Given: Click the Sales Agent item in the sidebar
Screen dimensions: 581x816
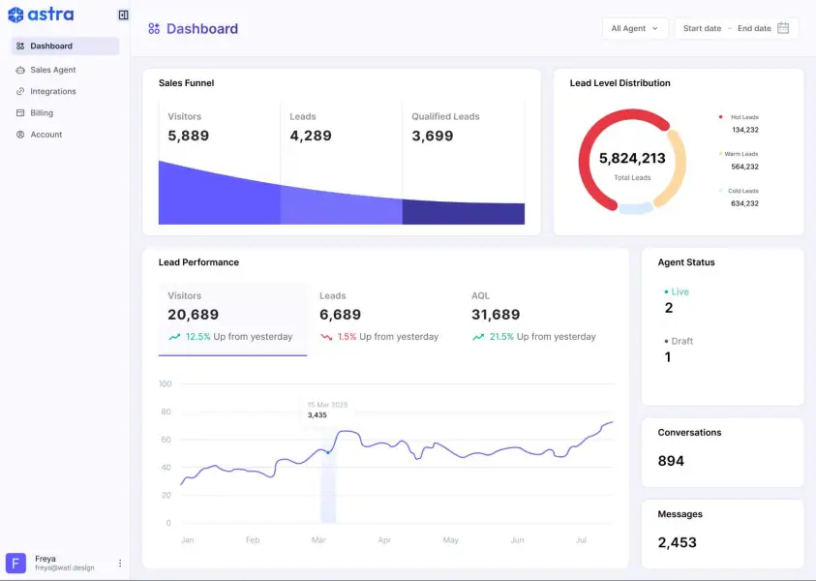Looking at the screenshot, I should click(52, 70).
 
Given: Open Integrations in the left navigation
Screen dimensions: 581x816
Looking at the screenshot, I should click(52, 91).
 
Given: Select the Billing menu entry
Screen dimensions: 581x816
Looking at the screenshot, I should click(42, 113).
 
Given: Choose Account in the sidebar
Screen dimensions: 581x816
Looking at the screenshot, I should click(45, 135).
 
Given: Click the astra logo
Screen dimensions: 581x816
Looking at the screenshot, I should click(41, 15).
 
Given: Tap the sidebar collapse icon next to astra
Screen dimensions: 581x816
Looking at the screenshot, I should click(123, 15).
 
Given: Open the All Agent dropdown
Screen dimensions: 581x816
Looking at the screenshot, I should click(634, 28).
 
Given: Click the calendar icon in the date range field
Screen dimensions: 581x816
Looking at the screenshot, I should click(783, 28).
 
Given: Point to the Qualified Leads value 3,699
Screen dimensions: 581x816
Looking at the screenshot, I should click(433, 137).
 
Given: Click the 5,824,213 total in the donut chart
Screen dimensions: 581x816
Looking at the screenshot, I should click(632, 159).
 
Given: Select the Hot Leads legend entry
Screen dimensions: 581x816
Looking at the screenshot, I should click(743, 117).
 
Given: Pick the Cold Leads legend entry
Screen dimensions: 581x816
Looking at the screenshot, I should click(743, 191).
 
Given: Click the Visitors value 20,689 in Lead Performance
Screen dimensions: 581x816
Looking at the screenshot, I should click(194, 315).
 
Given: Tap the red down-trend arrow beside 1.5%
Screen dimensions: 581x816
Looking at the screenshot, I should click(326, 337).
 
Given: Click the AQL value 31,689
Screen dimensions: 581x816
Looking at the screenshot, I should click(496, 315).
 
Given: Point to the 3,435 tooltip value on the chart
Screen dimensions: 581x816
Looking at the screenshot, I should click(317, 415).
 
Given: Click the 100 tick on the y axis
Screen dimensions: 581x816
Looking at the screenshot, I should click(165, 384).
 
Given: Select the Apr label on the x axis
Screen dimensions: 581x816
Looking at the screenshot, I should click(384, 540).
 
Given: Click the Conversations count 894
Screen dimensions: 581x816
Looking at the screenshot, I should click(671, 461).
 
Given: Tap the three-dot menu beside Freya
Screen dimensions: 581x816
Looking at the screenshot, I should click(120, 563).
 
